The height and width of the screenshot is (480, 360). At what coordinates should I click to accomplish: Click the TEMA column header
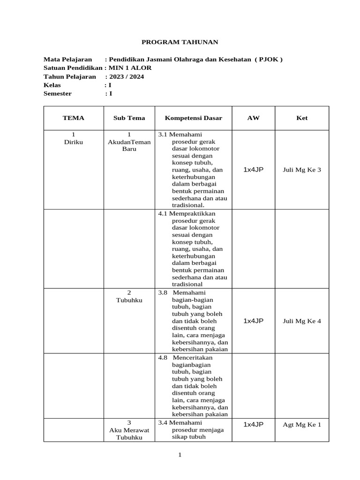(x=73, y=118)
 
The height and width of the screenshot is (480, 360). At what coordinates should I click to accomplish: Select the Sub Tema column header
(x=129, y=118)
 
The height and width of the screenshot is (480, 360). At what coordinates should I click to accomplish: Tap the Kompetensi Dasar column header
(x=193, y=118)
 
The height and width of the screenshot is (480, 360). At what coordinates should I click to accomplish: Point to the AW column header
(x=253, y=118)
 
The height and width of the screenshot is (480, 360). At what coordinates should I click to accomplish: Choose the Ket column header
(x=302, y=118)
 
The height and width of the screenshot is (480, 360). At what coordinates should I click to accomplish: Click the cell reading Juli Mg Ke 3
(x=302, y=170)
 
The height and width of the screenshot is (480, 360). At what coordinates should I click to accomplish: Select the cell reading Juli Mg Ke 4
(x=302, y=321)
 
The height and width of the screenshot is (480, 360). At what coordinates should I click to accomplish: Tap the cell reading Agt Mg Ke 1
(x=302, y=425)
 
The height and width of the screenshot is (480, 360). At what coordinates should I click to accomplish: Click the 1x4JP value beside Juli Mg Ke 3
(x=253, y=170)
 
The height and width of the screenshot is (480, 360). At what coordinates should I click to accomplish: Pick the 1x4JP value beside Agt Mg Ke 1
(x=253, y=424)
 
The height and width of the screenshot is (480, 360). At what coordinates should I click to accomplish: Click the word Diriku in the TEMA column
(x=73, y=142)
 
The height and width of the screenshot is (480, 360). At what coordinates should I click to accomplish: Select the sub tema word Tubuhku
(x=129, y=300)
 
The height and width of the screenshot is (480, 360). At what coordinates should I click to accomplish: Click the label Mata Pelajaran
(x=67, y=60)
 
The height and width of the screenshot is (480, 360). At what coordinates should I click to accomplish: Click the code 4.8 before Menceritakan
(x=163, y=357)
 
